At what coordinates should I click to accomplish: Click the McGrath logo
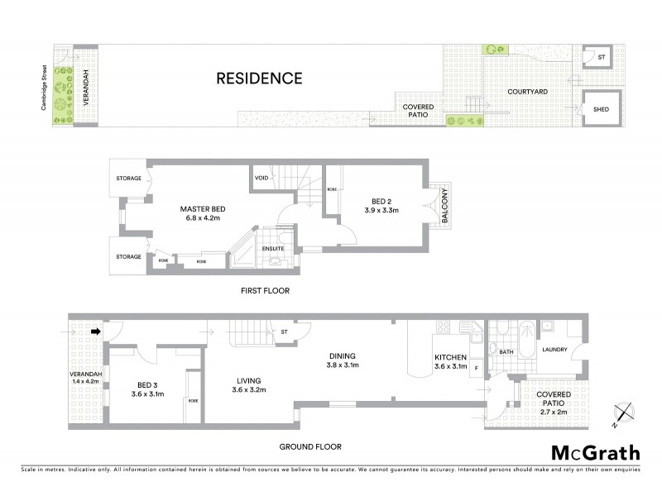pyautogui.click(x=596, y=452)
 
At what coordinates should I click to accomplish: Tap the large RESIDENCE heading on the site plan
pyautogui.click(x=259, y=79)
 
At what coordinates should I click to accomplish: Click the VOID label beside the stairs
pyautogui.click(x=261, y=177)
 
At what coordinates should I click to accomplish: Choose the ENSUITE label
pyautogui.click(x=273, y=247)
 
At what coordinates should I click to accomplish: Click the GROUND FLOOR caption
pyautogui.click(x=310, y=446)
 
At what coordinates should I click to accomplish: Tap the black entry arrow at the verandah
pyautogui.click(x=95, y=332)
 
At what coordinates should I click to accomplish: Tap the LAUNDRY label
pyautogui.click(x=554, y=350)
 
